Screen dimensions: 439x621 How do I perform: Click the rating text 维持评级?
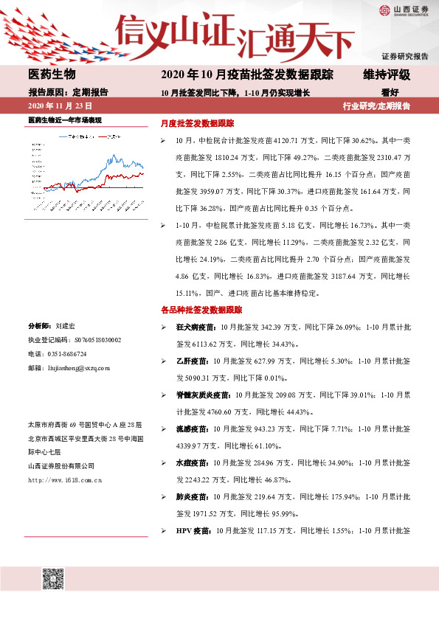(386, 74)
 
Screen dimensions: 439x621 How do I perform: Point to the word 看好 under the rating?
(390, 93)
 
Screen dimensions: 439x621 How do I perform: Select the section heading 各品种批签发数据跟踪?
(201, 310)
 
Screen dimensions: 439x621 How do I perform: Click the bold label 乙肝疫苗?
(190, 361)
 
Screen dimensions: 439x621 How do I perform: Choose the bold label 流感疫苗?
(190, 429)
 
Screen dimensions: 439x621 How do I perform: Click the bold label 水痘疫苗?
(190, 463)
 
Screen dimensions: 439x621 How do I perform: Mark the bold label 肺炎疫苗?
(190, 497)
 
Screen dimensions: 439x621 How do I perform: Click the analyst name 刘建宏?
(65, 325)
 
